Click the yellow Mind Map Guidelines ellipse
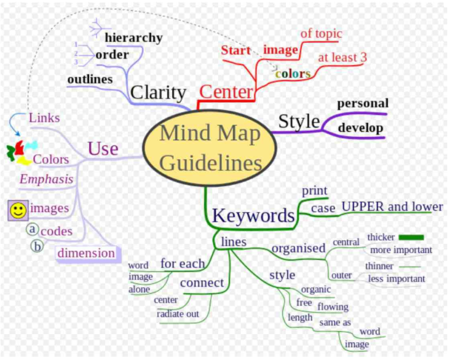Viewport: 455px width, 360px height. pos(210,148)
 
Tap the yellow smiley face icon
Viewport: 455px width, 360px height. pos(18,211)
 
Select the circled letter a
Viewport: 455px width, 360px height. pos(33,229)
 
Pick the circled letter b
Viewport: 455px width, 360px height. pos(37,246)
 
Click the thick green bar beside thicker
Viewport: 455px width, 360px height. pos(411,237)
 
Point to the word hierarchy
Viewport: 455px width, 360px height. pos(134,37)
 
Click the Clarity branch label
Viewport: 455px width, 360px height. pos(158,93)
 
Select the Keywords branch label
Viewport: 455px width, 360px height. pos(253,216)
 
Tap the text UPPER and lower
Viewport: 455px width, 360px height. pos(392,206)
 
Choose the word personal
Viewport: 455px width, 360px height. pos(363,103)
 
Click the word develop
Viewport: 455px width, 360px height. pos(360,128)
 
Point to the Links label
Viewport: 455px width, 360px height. pos(44,118)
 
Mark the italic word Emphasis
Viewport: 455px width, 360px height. pos(47,179)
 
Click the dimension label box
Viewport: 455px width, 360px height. pos(86,253)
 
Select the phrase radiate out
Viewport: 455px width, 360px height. pos(178,314)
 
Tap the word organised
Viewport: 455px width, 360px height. pos(299,248)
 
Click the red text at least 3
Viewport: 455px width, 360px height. pos(342,57)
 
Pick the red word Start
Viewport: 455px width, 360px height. pos(235,50)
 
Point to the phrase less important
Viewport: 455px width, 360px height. pos(397,279)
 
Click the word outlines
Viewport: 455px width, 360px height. pos(90,79)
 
